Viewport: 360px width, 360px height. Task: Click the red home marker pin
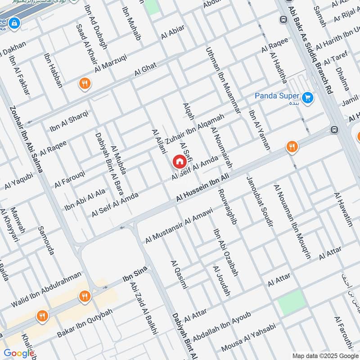click(179, 161)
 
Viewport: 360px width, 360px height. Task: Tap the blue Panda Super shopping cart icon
click(308, 97)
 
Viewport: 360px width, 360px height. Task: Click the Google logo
click(19, 354)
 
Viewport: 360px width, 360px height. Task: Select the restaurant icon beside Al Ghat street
click(84, 83)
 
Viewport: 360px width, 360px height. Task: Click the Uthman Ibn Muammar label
click(223, 81)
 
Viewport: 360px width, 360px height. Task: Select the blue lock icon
click(14, 22)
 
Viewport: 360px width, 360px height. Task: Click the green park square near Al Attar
click(291, 302)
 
